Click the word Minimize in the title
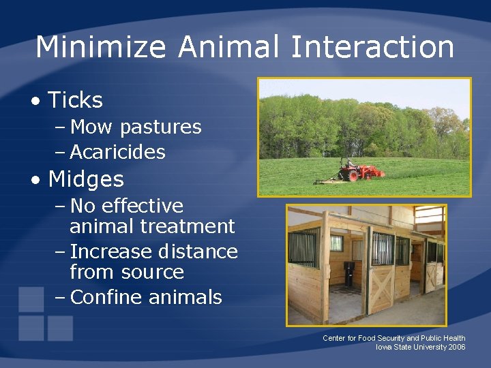100,48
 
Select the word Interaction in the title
372,48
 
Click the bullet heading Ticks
75,101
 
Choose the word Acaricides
117,152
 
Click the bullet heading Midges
86,180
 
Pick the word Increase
110,252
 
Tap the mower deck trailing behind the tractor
327,181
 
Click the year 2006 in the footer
457,348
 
